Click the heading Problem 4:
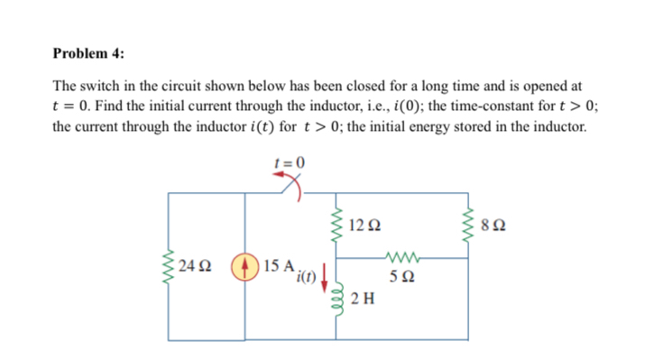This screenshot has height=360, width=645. (88, 52)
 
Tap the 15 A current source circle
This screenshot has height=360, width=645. (245, 267)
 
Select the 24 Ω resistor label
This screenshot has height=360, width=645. (196, 267)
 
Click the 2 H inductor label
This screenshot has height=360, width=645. (364, 300)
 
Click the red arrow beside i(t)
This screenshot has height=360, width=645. (325, 272)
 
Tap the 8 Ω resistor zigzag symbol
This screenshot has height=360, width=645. (467, 224)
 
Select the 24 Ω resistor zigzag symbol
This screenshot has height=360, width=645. (169, 268)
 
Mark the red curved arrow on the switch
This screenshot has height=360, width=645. (290, 181)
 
